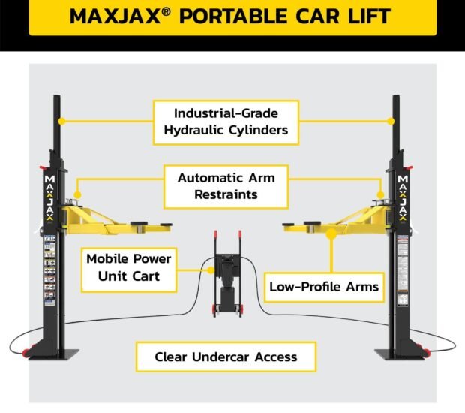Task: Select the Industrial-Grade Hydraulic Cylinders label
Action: pyautogui.click(x=226, y=122)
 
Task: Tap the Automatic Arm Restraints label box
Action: pyautogui.click(x=226, y=185)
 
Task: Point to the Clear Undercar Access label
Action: pyautogui.click(x=226, y=357)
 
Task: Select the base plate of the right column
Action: pyautogui.click(x=394, y=354)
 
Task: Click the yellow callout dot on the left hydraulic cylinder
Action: pyautogui.click(x=62, y=119)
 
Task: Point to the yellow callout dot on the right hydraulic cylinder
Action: pyautogui.click(x=391, y=119)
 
